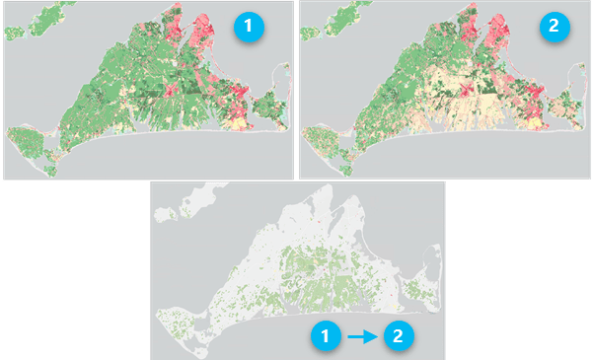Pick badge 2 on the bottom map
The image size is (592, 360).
[397, 336]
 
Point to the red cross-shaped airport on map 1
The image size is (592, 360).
[170, 91]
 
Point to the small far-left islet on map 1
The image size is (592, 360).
[12, 33]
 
